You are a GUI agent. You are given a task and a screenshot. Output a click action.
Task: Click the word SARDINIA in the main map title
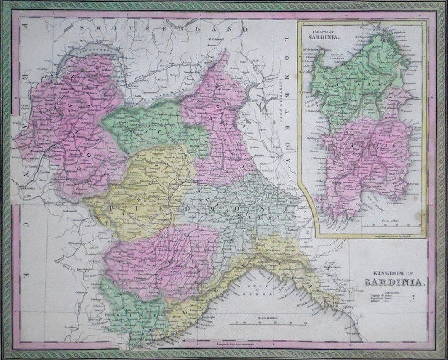point(394,283)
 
